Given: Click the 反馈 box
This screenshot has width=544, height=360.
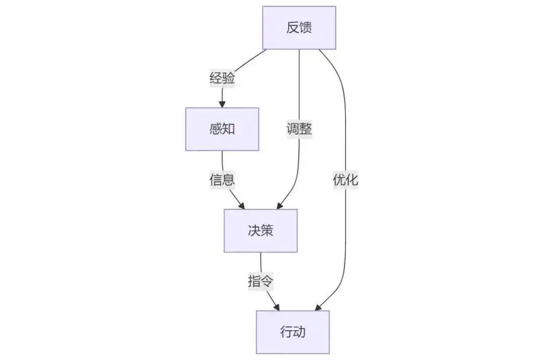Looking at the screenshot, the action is pos(299,28).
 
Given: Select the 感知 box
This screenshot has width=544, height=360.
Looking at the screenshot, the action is pos(222,129).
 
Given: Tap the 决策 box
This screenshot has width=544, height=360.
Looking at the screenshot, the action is pos(260,231).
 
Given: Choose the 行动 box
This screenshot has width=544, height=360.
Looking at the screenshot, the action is pos(293,332).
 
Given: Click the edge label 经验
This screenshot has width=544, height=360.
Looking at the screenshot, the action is pos(222,78).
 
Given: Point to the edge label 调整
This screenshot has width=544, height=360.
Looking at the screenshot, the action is pos(299,129).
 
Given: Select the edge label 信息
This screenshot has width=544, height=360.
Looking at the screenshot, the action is pos(222,180).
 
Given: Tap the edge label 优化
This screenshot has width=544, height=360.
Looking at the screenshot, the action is pos(345,180).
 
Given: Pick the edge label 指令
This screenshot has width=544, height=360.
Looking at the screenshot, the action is pos(260,281).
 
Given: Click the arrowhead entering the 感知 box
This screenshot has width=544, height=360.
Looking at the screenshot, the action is pos(222,104).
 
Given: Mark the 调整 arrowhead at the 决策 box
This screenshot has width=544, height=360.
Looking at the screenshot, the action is pos(280,205).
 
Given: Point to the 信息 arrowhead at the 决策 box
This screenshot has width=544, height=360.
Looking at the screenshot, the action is pos(241,205).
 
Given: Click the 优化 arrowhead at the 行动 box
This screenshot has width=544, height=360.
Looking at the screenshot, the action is pos(318,307).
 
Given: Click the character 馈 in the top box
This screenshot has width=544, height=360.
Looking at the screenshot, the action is pos(306,28).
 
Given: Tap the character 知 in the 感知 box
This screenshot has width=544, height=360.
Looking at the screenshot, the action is pos(229,129).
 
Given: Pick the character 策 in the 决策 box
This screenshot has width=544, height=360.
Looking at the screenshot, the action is pos(267,231).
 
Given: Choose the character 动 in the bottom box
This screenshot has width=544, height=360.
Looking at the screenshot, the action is pos(299,332).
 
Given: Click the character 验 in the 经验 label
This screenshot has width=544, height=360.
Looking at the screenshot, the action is pos(229,78).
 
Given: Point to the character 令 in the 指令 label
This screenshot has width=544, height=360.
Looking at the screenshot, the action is pos(267,281).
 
